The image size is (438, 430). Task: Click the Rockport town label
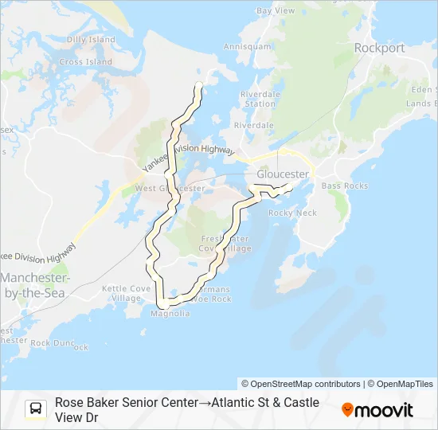coord(379,48)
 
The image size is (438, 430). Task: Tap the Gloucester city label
coord(283,174)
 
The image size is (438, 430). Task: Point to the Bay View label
coord(276,11)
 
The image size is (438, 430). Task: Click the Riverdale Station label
coord(260,99)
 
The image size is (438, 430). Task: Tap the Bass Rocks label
coord(345,186)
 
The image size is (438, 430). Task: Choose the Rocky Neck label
coord(292,213)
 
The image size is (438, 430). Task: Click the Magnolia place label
coord(170,314)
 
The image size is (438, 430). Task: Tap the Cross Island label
coord(81,62)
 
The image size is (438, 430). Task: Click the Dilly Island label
coord(90,40)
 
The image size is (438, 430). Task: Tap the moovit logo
coord(377,410)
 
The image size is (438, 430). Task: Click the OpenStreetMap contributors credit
coord(301,384)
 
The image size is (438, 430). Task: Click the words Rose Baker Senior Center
coord(126,403)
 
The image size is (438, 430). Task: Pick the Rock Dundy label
coord(64,343)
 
